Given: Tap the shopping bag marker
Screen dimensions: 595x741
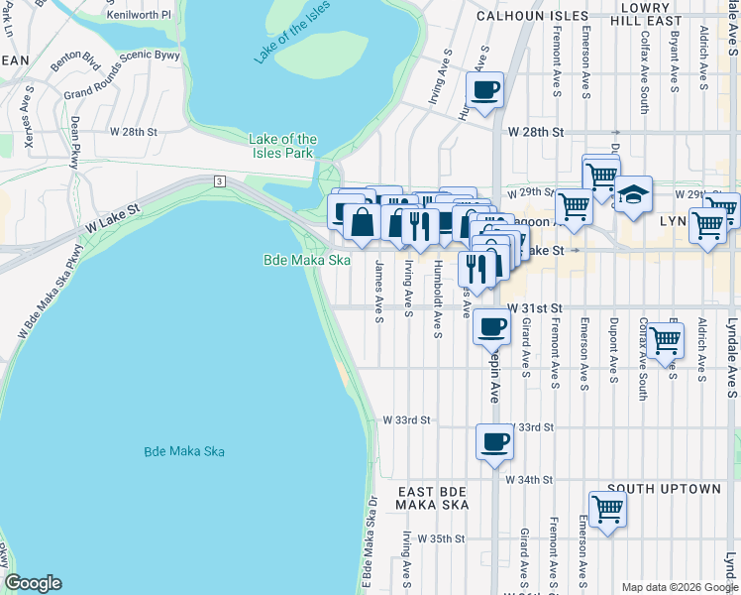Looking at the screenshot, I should coord(363,223).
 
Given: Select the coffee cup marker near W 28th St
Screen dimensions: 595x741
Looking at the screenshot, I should coord(484,91).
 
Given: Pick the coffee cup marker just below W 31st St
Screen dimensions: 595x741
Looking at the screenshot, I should coord(491,326).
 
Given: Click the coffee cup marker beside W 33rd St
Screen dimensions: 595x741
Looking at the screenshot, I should coord(494,442).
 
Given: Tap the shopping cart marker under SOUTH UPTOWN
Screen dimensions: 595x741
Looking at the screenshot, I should coord(607,510).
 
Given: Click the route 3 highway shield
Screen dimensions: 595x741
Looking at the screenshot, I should coord(216,181).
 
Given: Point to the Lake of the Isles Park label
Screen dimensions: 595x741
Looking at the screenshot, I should coord(283,146).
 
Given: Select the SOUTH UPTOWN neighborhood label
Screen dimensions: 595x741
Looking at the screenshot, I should coord(665,489).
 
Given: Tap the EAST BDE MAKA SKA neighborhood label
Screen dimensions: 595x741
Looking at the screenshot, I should coord(431,499).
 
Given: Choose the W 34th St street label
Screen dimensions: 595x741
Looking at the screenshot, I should coord(528,479).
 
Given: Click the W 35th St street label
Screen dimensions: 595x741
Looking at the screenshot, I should coord(441,538).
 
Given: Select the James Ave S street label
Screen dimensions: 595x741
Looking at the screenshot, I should coord(378,292).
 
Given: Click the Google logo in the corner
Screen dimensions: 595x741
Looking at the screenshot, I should coord(33,583).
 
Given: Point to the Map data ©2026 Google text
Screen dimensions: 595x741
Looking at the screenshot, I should coord(679,587).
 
